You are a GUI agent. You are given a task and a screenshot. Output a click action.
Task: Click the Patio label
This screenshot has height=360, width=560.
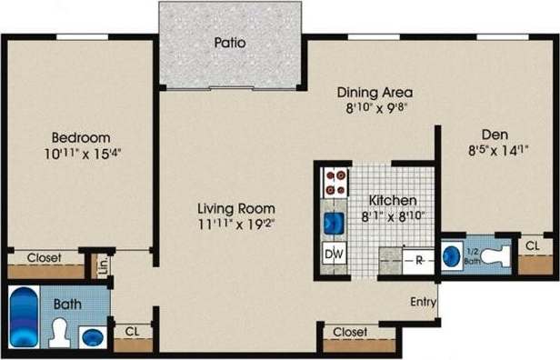pos(230,42)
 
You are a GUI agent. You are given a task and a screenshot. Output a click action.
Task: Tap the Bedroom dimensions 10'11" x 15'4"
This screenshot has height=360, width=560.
pos(83,153)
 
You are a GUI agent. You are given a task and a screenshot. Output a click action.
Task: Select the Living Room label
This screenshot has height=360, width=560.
pos(237,207)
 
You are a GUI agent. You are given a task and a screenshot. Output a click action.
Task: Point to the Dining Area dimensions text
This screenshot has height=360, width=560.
pos(375,106)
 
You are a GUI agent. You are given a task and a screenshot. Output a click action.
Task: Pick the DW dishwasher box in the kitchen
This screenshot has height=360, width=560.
pos(333,255)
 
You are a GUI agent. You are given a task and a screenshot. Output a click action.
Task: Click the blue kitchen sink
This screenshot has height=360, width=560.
pos(333,223)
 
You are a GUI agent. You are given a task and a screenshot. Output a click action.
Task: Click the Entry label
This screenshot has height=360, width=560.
pos(423,303)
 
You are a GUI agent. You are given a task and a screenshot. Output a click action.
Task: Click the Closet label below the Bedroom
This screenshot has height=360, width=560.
pos(44,258)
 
